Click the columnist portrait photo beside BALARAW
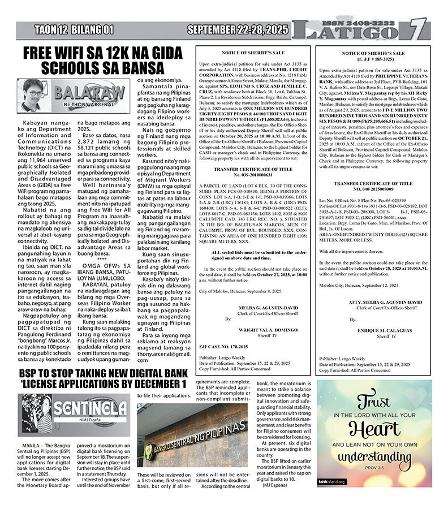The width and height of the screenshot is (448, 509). click(33, 94)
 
